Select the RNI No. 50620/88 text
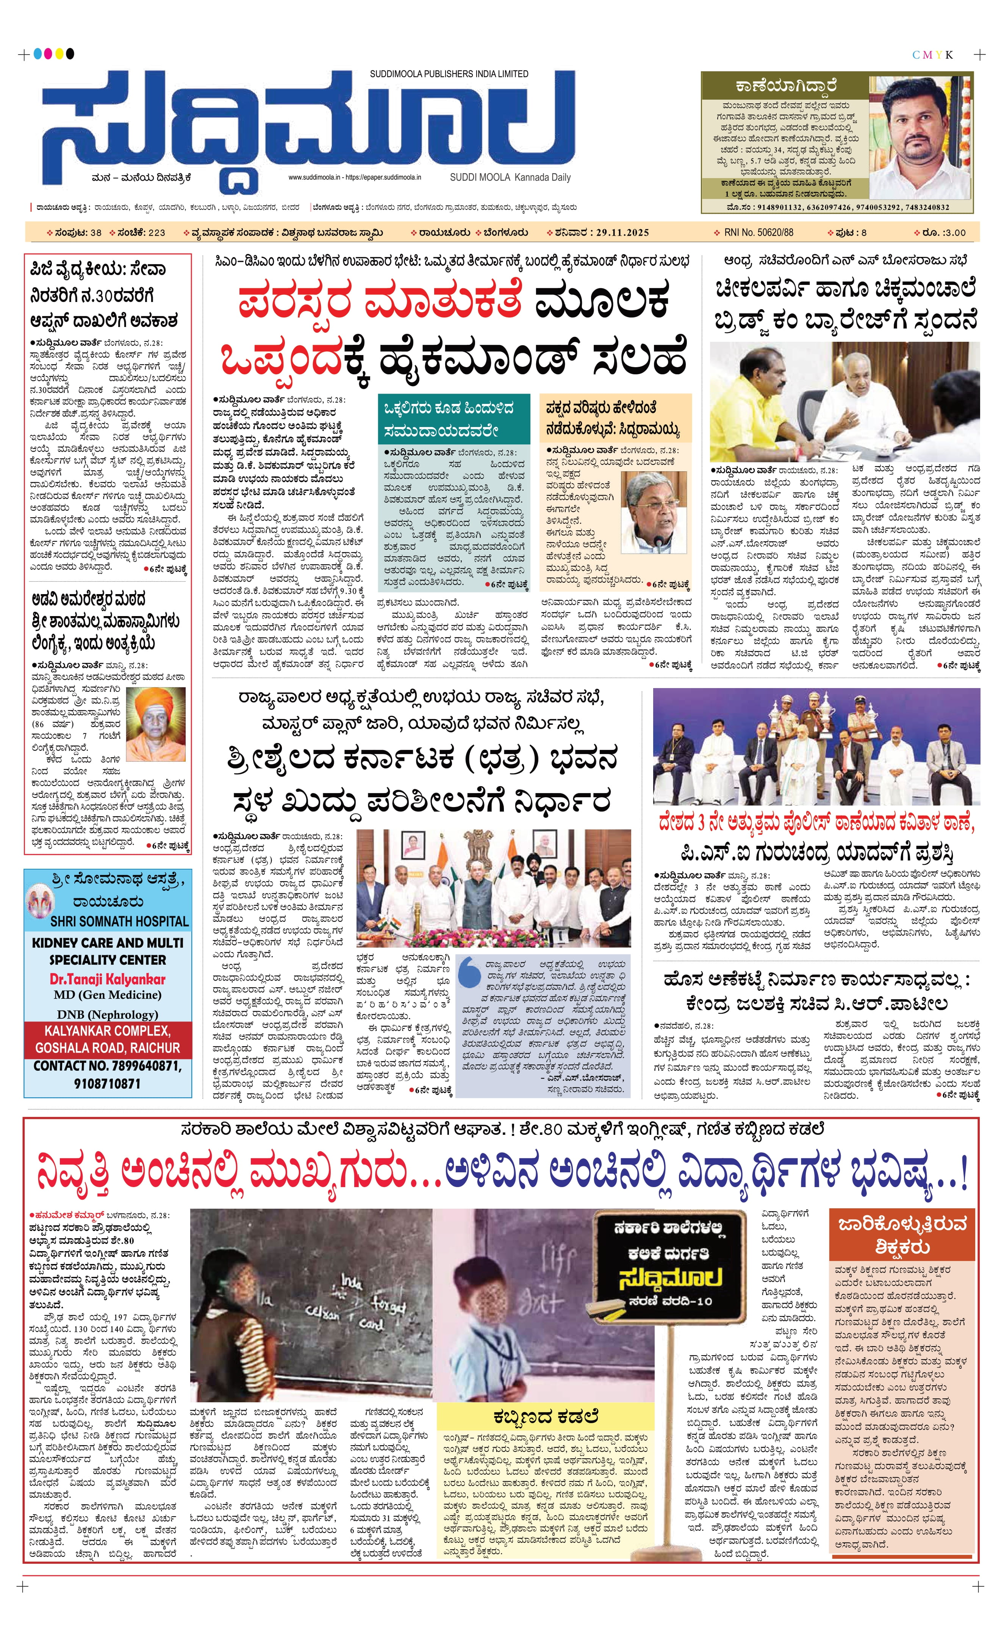tap(758, 232)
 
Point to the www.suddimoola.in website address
tap(314, 178)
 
